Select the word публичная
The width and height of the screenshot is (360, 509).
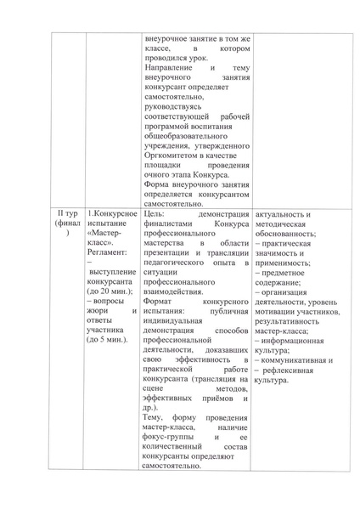coord(225,313)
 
